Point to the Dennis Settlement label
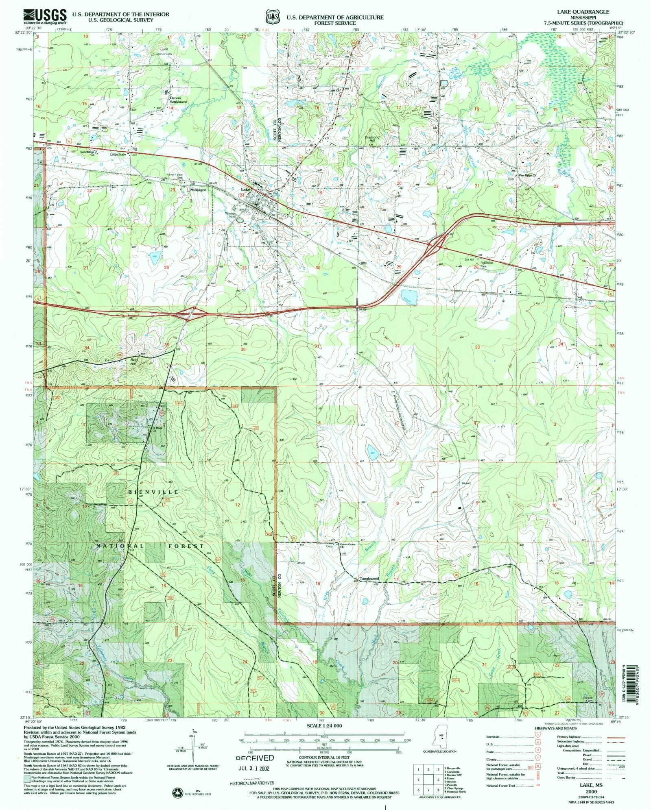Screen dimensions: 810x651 178,100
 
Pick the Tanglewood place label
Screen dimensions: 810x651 369,579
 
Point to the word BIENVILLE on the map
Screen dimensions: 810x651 153,492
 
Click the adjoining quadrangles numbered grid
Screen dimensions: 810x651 428,780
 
